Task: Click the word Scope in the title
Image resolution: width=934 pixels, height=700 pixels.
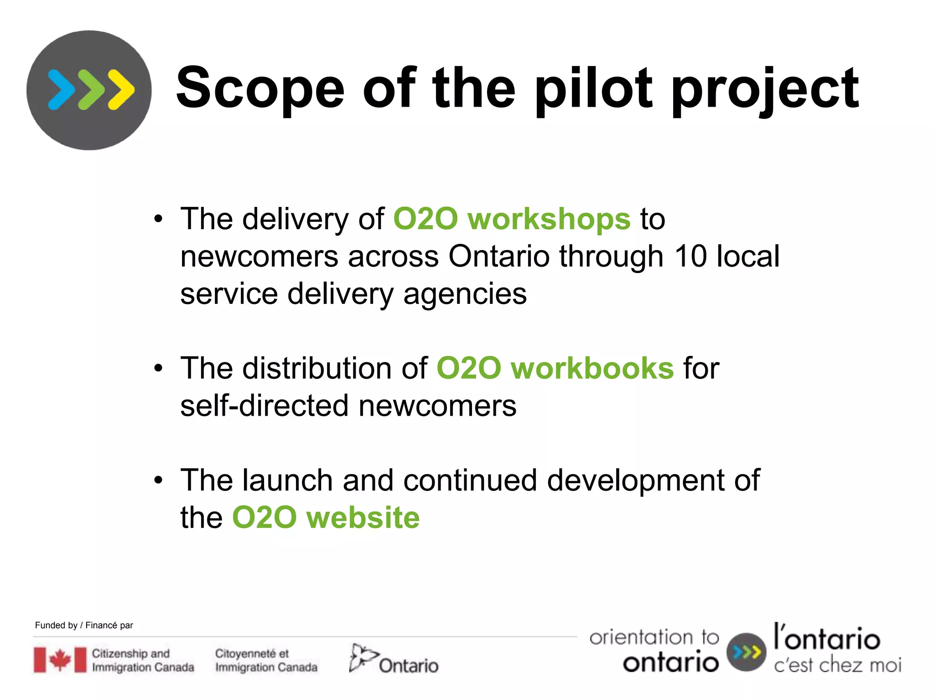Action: click(x=260, y=89)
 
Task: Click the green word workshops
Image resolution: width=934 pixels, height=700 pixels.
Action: click(x=549, y=219)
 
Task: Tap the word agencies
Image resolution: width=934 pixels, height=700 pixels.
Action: click(x=465, y=294)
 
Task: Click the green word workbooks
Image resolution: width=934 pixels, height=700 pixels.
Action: click(x=592, y=368)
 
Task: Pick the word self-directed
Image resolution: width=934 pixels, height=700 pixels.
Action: click(x=265, y=406)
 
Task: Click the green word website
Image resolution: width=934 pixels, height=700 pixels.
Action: click(x=363, y=518)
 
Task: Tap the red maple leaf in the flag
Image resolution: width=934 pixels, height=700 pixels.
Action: click(x=60, y=659)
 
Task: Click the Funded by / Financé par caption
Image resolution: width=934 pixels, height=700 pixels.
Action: click(x=84, y=625)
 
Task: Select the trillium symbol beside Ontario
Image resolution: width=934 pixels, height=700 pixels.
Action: click(x=362, y=657)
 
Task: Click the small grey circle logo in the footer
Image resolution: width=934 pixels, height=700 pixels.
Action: click(x=746, y=652)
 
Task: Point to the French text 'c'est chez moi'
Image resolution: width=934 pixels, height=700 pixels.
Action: click(x=837, y=665)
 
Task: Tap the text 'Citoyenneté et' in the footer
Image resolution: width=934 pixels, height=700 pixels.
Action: click(x=252, y=653)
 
